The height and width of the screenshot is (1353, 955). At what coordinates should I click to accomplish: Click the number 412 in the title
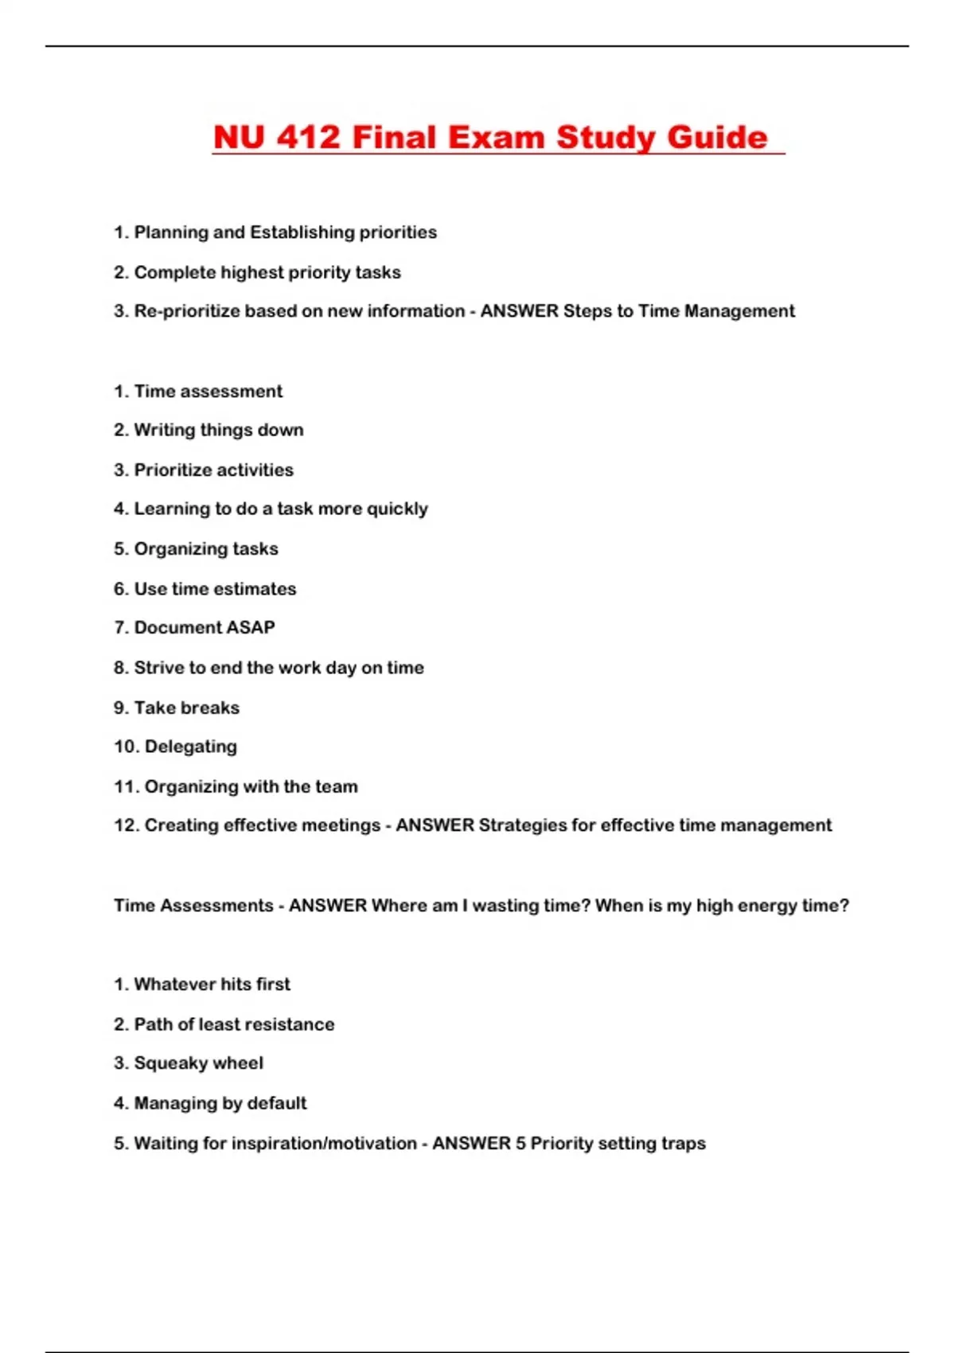click(308, 137)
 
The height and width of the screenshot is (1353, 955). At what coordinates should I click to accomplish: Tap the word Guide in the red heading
click(717, 137)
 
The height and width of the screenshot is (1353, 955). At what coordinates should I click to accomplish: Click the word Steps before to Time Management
click(587, 311)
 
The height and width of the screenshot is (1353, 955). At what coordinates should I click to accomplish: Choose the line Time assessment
click(208, 392)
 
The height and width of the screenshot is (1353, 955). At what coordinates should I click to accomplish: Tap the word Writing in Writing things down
click(164, 430)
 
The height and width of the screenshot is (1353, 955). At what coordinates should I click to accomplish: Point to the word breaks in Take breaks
click(210, 708)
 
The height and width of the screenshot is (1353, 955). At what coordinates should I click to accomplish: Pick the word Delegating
click(190, 747)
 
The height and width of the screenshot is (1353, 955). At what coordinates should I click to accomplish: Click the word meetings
click(345, 825)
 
